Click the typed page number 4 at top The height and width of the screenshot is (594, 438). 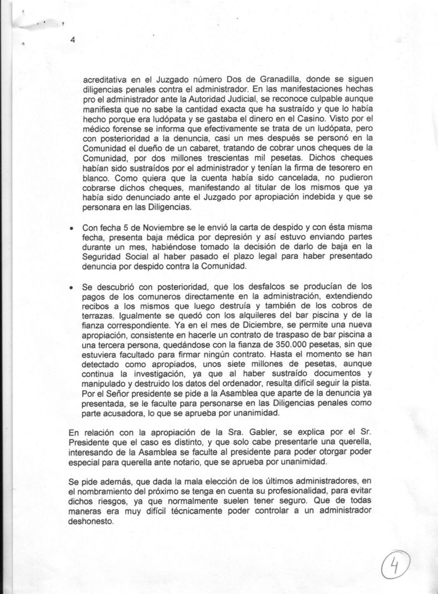pyautogui.click(x=73, y=41)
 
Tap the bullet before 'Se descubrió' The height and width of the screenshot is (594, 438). pyautogui.click(x=72, y=287)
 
